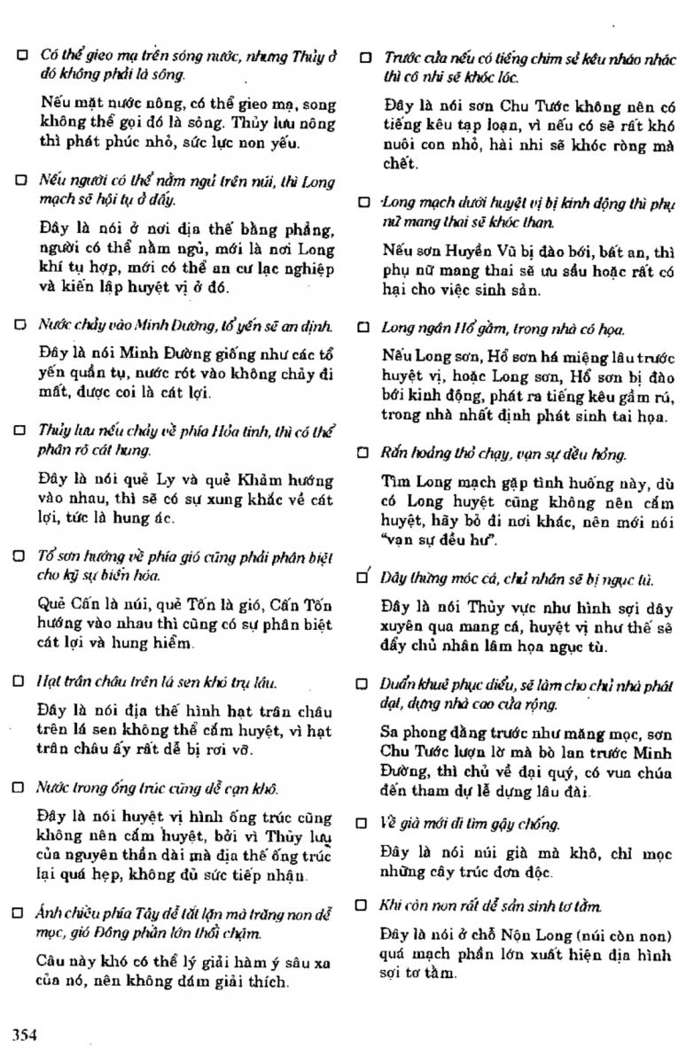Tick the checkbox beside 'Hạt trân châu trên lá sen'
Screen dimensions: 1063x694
pyautogui.click(x=20, y=682)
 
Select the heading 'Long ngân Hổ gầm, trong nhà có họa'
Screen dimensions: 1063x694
pyautogui.click(x=503, y=329)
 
